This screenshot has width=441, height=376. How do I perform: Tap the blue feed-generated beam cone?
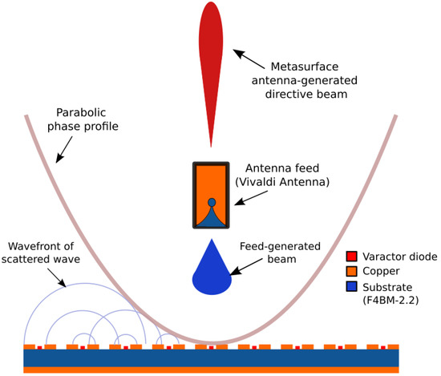pos(212,269)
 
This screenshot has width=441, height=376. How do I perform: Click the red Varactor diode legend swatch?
pos(350,257)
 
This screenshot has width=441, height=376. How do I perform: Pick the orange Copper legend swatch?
pos(350,272)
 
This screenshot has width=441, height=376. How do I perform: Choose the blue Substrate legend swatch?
pos(350,286)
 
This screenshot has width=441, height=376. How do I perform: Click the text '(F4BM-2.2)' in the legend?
pos(388,301)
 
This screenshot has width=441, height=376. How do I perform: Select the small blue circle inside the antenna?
pos(212,202)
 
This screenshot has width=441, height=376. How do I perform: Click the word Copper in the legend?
pos(380,272)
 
